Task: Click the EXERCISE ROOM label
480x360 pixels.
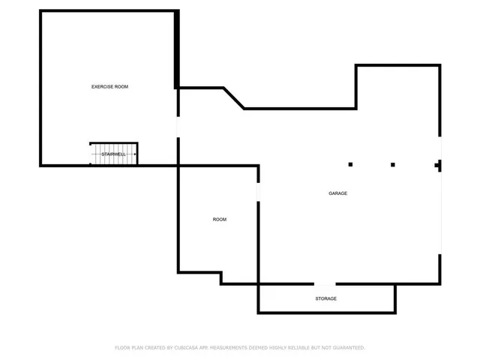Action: (x=109, y=87)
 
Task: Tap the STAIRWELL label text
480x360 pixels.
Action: (x=113, y=154)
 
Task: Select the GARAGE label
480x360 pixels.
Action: (x=337, y=193)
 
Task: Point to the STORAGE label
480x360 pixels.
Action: (x=325, y=298)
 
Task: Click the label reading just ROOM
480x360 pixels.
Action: (x=219, y=220)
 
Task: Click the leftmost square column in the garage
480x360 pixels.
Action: (x=350, y=164)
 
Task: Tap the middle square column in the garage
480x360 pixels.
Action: (x=392, y=164)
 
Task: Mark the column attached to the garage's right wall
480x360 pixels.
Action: (x=438, y=165)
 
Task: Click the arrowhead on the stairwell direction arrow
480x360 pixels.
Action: (x=93, y=154)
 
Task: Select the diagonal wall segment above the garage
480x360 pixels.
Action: (x=233, y=98)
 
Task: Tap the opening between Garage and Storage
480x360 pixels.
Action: (x=325, y=283)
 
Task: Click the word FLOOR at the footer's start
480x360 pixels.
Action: (x=122, y=348)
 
